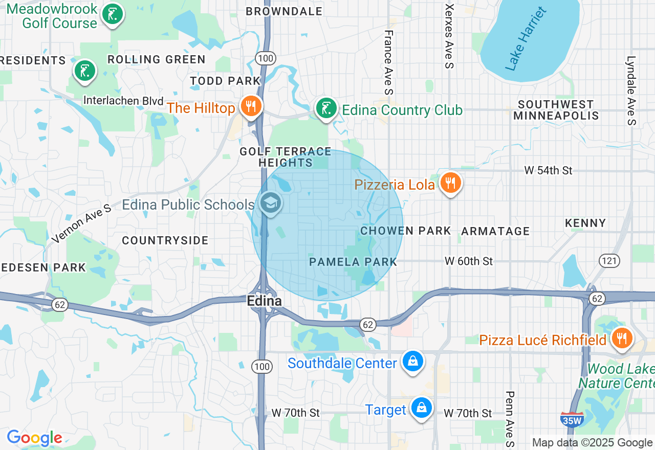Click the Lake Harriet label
pos(526,39)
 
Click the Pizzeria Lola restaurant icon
pos(450,183)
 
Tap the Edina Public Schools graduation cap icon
pos(270,204)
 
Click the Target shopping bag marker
pos(421,409)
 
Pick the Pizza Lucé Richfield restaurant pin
pos(622,339)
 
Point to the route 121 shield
pos(609,261)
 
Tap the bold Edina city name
pos(264,301)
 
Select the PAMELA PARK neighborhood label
pos(353,262)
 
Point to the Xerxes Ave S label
pos(449,36)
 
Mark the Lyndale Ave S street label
pos(631,90)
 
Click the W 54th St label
pos(548,170)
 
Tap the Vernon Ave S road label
pos(81,223)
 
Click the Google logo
pos(34,438)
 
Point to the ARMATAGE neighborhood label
pos(495,231)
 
